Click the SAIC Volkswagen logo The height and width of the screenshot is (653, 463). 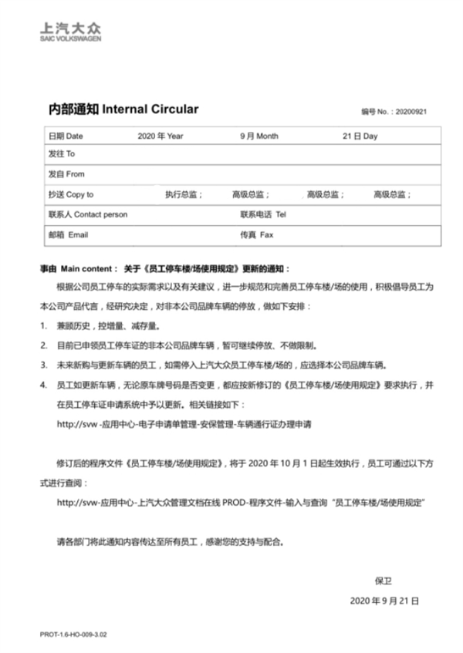[70, 31]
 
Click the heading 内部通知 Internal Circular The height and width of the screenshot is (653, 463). [119, 109]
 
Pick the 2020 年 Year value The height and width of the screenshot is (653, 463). [161, 136]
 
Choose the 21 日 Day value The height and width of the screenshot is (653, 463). [360, 136]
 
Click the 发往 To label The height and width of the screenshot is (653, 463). [61, 154]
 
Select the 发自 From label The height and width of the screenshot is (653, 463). [66, 174]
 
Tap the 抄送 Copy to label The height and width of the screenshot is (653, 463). [70, 195]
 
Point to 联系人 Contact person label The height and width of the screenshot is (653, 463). [87, 214]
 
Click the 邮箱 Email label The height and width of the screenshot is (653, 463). [68, 234]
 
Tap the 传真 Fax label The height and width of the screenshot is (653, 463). [257, 234]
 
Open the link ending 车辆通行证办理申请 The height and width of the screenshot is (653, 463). [184, 423]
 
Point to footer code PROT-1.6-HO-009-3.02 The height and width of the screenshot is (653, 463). [73, 634]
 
